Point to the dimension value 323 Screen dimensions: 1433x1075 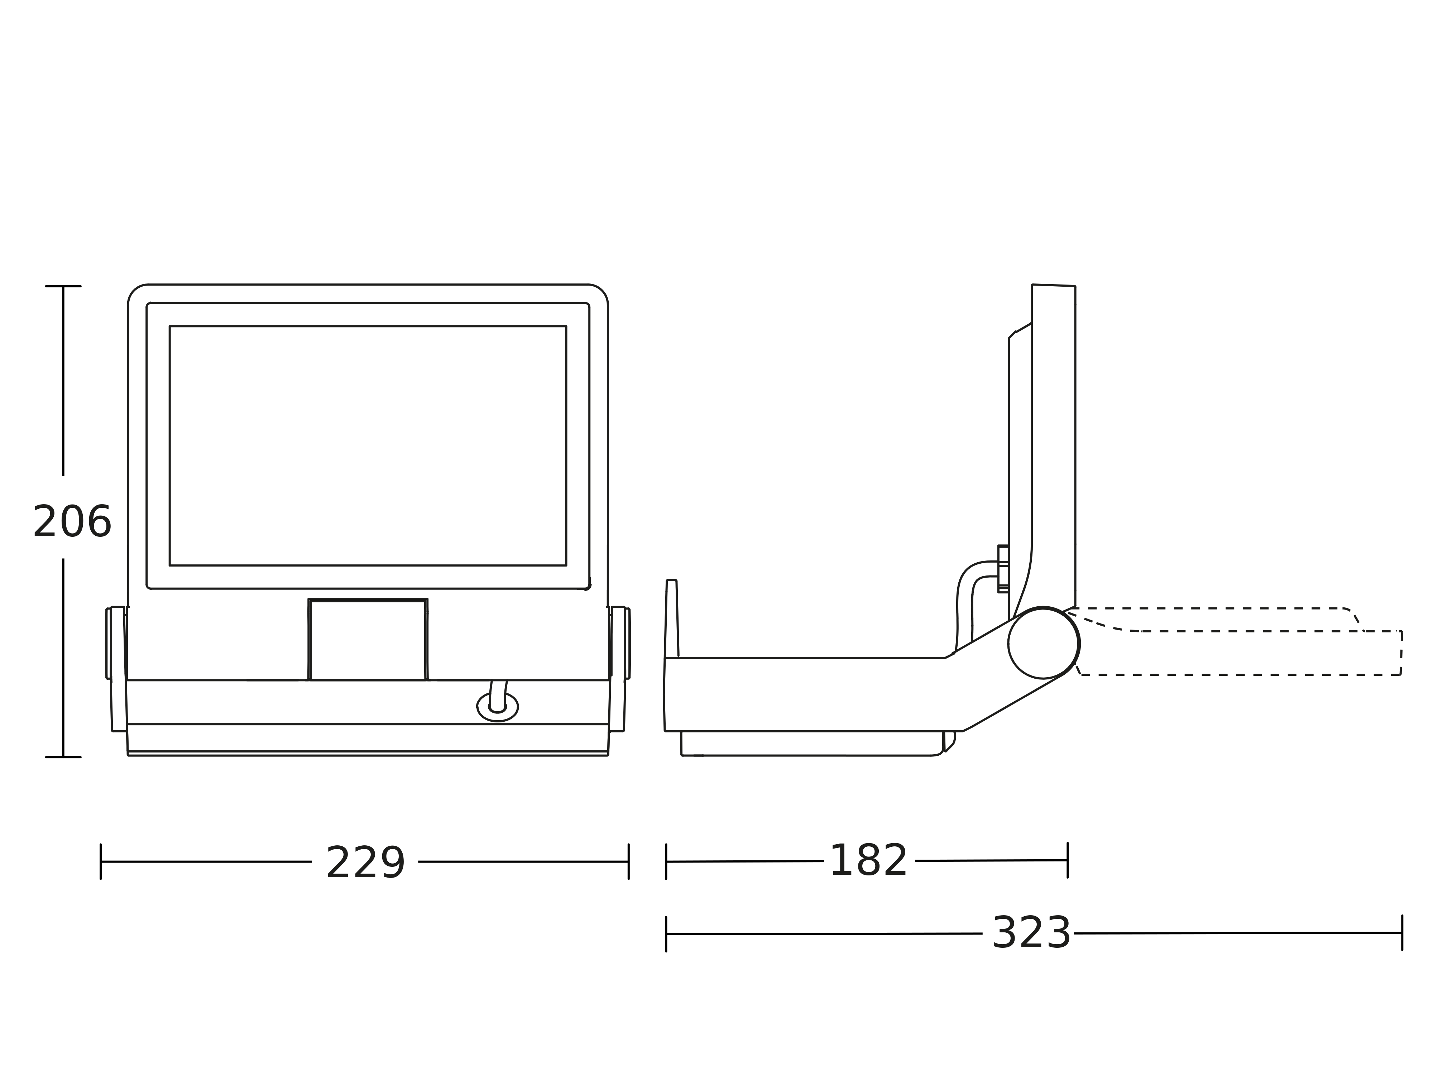pos(1031,933)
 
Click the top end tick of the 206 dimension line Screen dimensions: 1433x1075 pos(63,286)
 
